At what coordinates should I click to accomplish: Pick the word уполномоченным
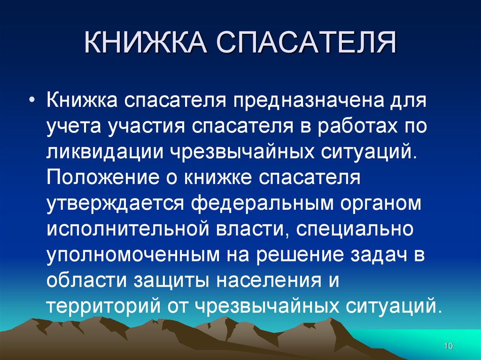tap(132, 255)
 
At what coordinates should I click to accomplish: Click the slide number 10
tap(448, 346)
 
